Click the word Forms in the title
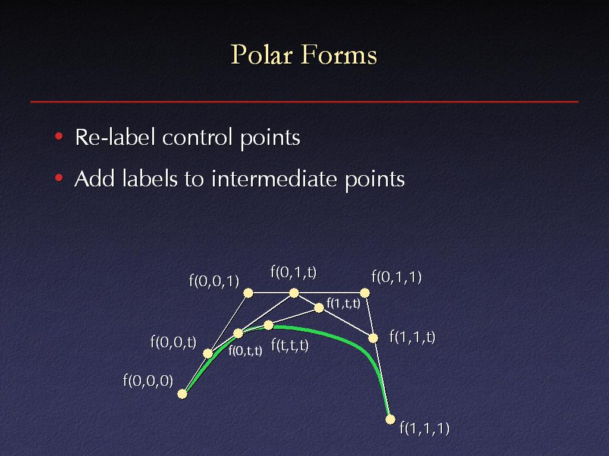click(x=338, y=54)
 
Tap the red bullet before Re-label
click(x=59, y=136)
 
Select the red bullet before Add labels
click(x=59, y=178)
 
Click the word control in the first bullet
click(x=198, y=137)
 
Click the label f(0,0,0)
click(x=148, y=381)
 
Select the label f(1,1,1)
click(x=425, y=428)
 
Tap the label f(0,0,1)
click(x=214, y=281)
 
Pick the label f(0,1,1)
click(x=397, y=277)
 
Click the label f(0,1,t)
click(x=294, y=272)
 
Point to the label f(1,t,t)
click(x=343, y=303)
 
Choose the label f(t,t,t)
click(x=290, y=345)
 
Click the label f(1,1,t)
click(x=413, y=337)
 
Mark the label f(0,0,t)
click(x=173, y=342)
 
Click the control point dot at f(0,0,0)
click(x=182, y=394)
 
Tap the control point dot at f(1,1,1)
click(x=390, y=419)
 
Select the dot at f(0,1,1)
click(x=365, y=293)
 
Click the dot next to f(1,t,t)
click(x=319, y=308)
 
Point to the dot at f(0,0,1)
click(x=248, y=293)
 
